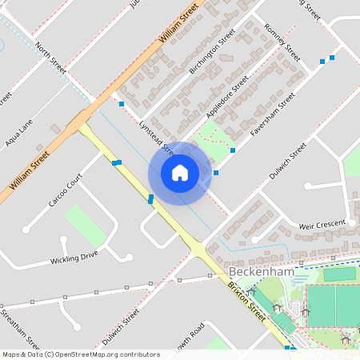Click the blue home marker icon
(180, 173)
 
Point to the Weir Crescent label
(320, 224)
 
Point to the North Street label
(50, 58)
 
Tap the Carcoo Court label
(65, 190)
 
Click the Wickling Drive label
(74, 258)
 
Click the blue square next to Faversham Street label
(233, 150)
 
